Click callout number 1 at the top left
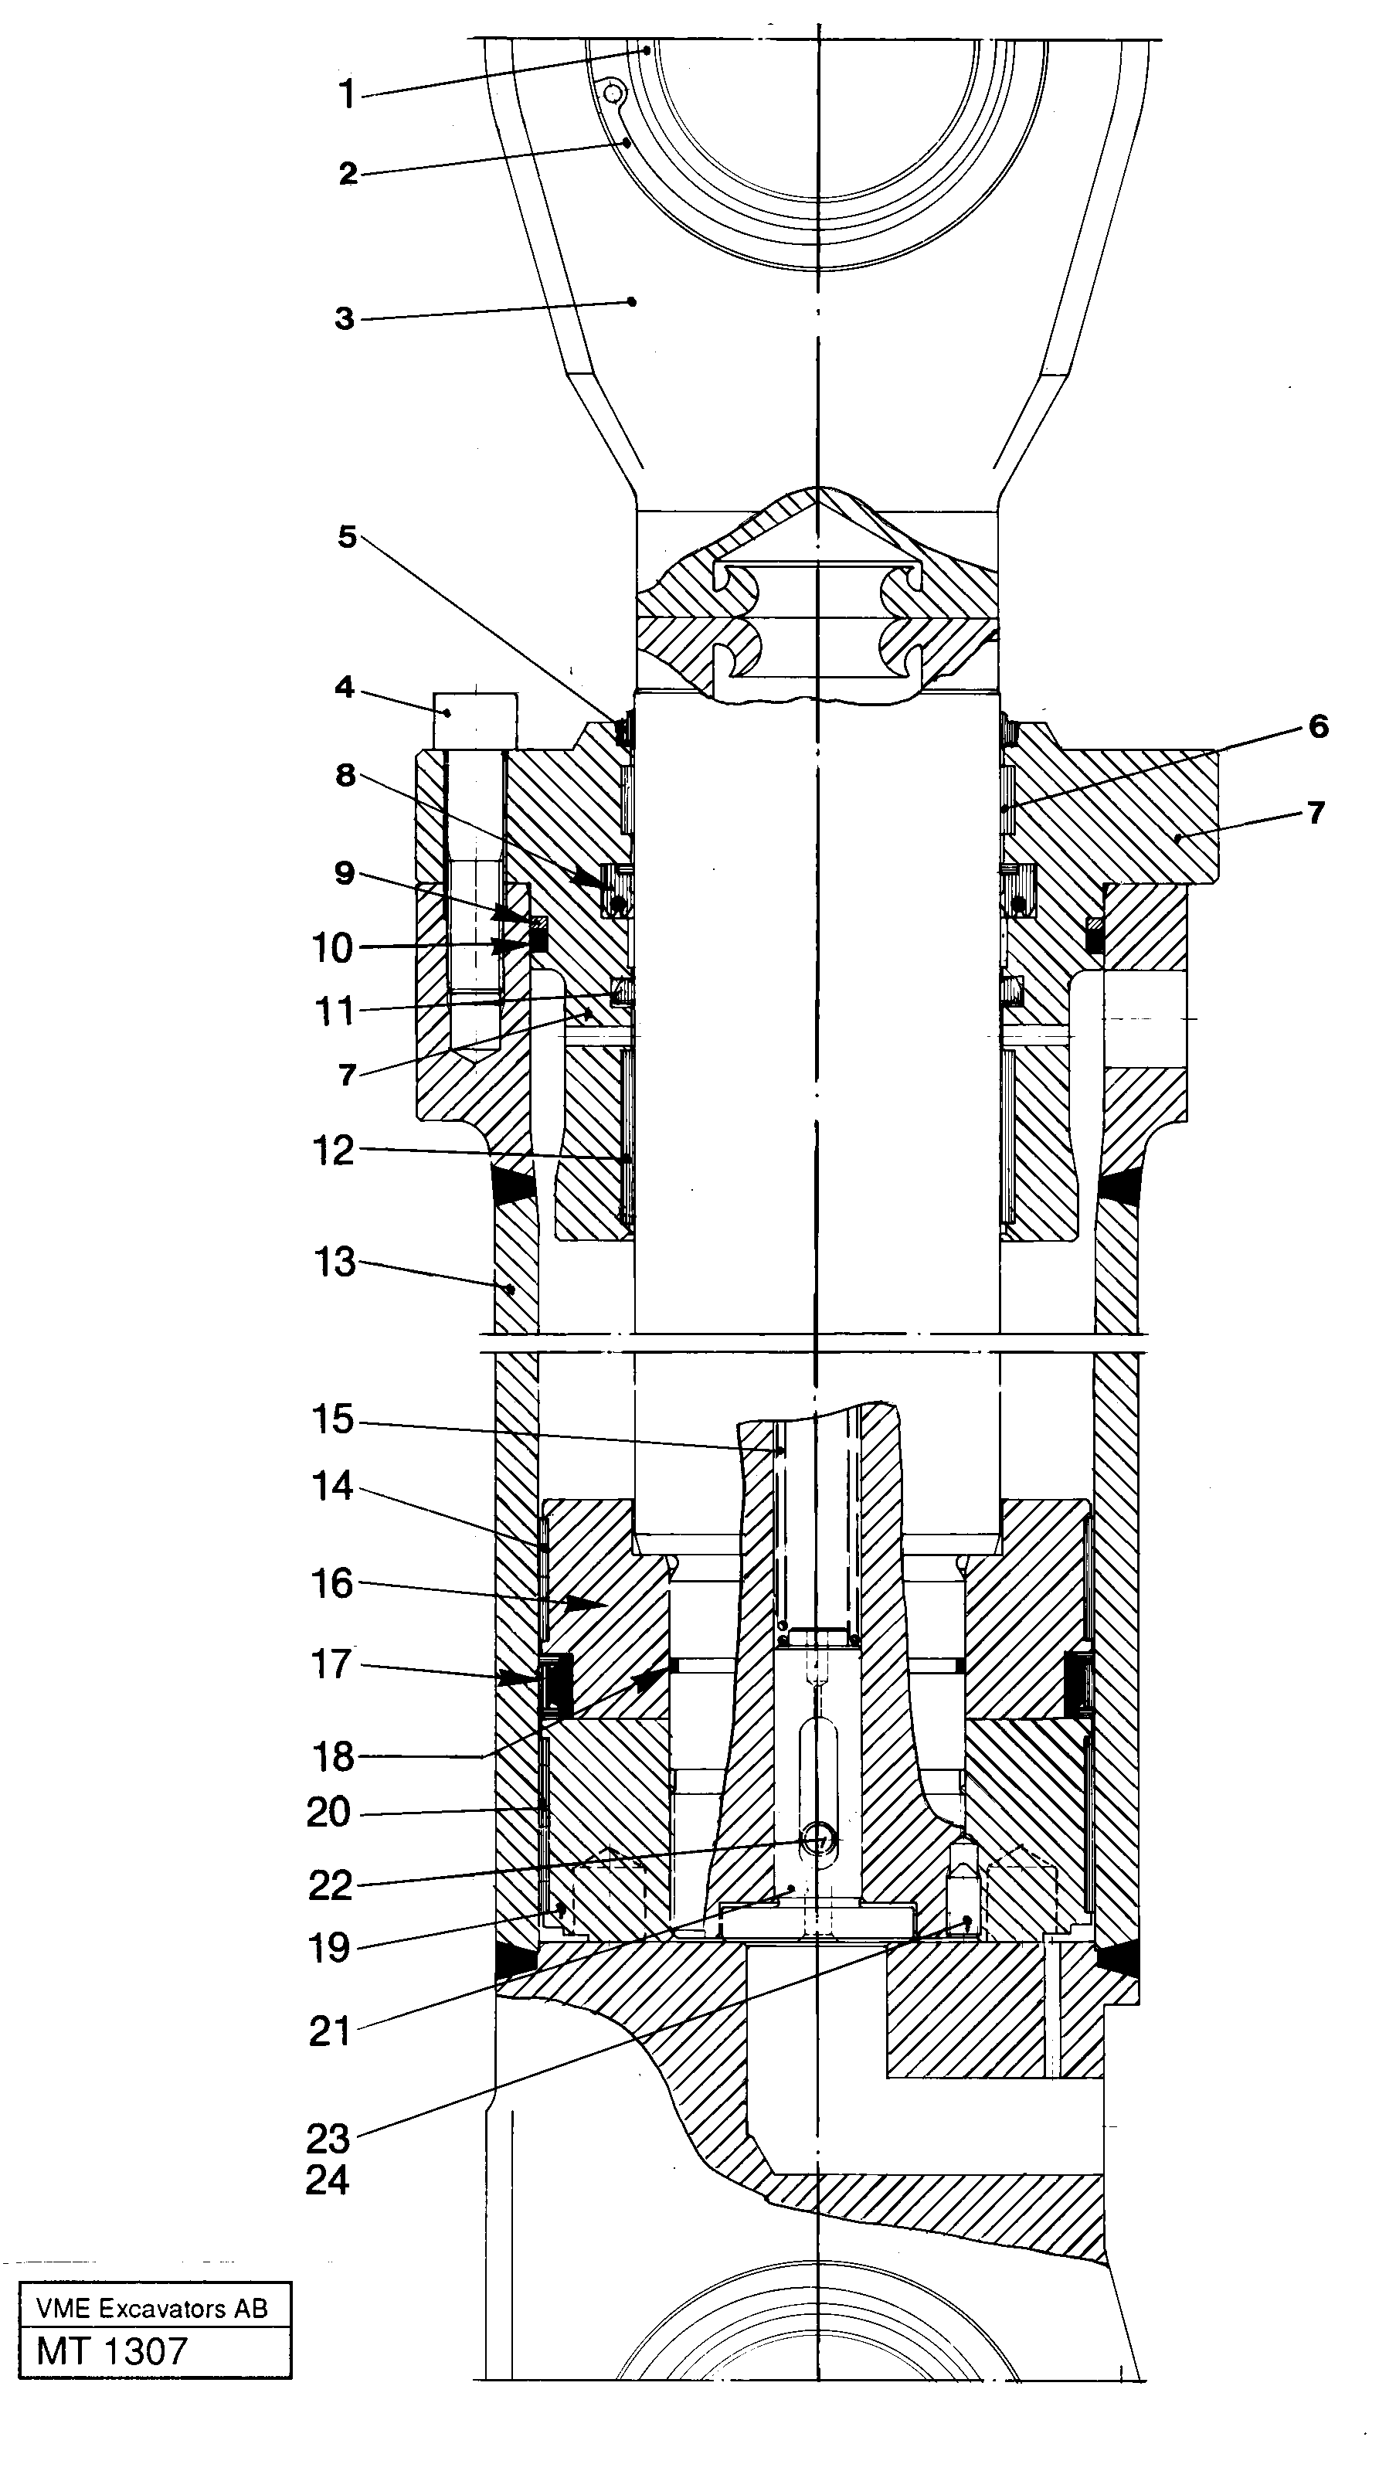pos(347,96)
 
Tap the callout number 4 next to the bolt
pos(345,688)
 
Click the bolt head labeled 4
pos(474,720)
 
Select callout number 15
pos(332,1421)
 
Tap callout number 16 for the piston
pos(332,1584)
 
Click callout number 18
pos(332,1757)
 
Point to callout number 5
pos(347,537)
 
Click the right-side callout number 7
pos(1315,813)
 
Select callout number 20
pos(328,1813)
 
